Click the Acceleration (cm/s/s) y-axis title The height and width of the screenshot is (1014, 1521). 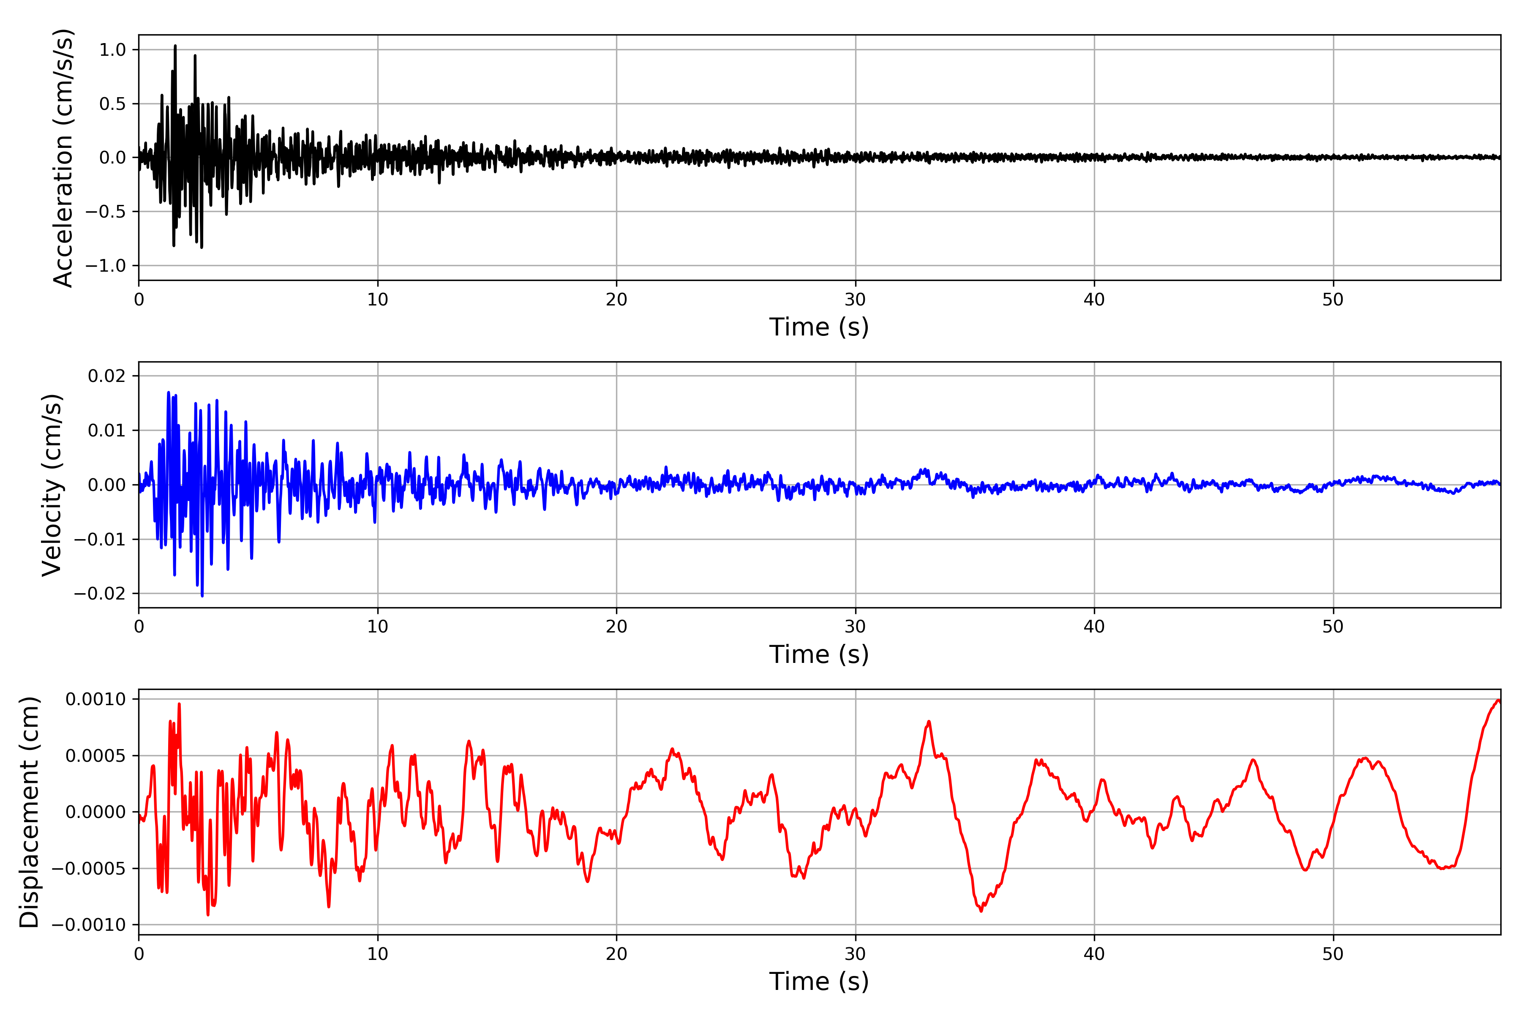(x=63, y=158)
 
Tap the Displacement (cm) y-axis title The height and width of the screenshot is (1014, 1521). (x=30, y=812)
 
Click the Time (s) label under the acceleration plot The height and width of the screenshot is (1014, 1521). (x=819, y=327)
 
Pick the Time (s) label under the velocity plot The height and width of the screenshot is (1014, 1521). (x=819, y=654)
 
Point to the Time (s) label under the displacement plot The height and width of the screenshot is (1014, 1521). (x=819, y=981)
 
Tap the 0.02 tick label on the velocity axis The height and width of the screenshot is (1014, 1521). (x=107, y=376)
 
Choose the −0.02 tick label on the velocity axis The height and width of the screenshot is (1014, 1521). (x=100, y=594)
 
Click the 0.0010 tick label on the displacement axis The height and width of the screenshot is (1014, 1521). (x=96, y=699)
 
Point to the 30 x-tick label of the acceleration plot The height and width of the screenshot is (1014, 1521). (x=855, y=300)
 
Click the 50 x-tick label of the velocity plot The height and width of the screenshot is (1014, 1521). (x=1333, y=627)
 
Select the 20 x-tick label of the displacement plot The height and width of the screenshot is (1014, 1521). (x=616, y=954)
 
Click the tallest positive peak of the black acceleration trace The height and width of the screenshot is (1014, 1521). (x=175, y=46)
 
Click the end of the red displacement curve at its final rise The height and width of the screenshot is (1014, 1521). (x=1498, y=701)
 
